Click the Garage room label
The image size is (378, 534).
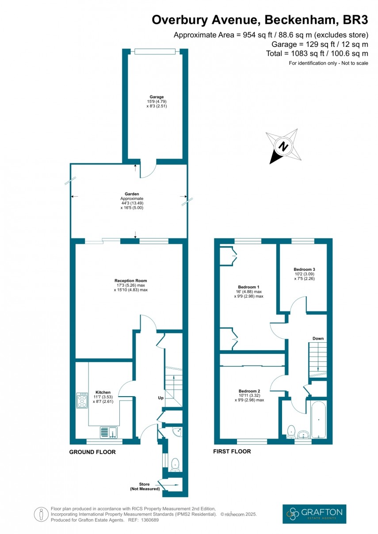157,97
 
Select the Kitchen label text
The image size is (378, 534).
103,392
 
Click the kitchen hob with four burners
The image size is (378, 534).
82,400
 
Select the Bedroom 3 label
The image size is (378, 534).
304,269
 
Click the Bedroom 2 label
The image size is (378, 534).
249,391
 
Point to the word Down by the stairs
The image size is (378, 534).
318,338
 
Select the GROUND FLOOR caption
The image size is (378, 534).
92,452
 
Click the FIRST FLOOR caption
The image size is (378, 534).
232,451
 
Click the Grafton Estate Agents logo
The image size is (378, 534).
314,514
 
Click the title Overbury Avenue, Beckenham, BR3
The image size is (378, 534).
260,20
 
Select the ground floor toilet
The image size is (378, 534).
175,463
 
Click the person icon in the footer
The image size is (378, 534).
41,514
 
